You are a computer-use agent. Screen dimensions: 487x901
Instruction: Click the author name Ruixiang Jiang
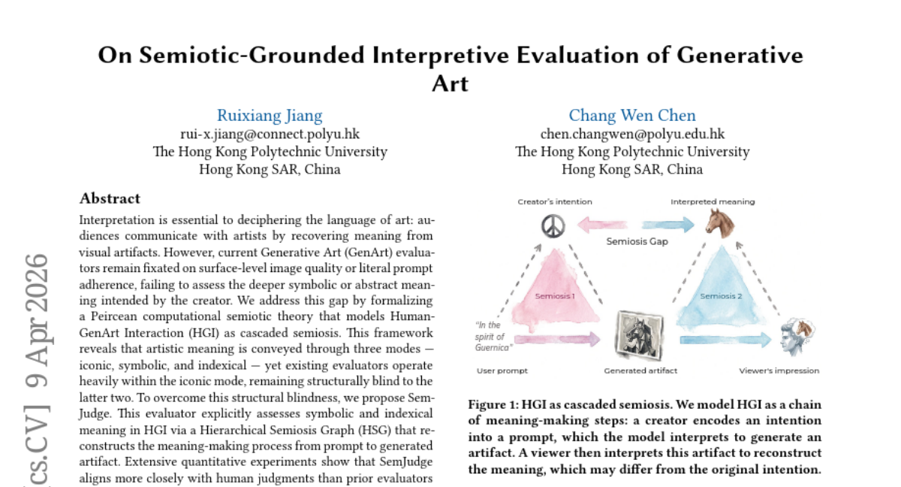(x=270, y=116)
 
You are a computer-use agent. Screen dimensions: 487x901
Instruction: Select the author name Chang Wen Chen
(x=632, y=116)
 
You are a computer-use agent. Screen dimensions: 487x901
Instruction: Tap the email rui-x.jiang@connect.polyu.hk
(x=270, y=134)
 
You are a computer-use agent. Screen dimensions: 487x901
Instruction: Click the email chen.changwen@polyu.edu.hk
(x=632, y=134)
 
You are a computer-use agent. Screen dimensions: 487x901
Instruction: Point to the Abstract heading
(x=110, y=198)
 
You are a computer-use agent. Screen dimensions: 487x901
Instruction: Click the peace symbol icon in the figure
(x=553, y=225)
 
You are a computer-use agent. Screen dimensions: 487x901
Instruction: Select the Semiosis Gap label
(x=637, y=242)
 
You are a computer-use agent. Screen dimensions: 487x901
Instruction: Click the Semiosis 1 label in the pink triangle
(x=555, y=296)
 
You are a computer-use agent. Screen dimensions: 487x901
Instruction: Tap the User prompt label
(x=502, y=371)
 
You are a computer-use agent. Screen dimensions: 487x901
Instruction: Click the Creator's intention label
(x=555, y=201)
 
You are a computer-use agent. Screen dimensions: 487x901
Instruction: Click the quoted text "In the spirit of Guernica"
(x=493, y=336)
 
